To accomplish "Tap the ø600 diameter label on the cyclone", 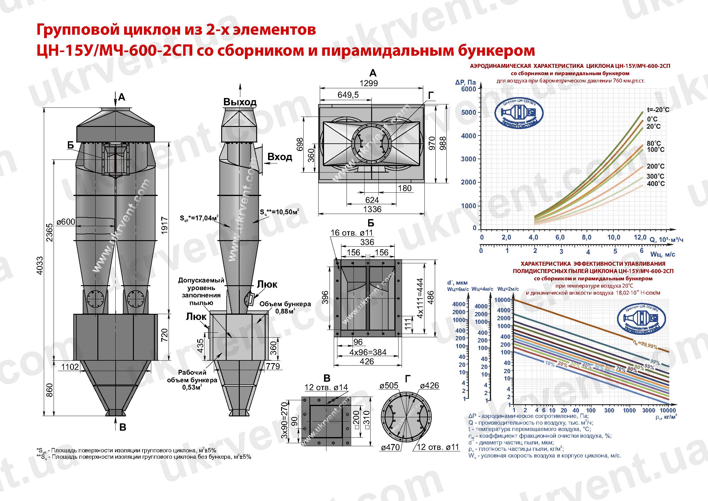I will (x=66, y=222).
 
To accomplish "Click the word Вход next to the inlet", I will (x=280, y=157).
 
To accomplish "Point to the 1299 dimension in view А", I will (x=368, y=83).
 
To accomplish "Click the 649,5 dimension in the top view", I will (x=348, y=95).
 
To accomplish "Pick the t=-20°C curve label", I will (x=658, y=110).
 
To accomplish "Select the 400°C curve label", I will (x=656, y=184).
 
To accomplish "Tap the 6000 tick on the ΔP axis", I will (x=469, y=89).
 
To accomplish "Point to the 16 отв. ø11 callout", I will (x=351, y=233).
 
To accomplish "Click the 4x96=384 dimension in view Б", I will (x=368, y=352).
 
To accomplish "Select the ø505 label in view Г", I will (x=389, y=386).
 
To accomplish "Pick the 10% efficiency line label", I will (x=549, y=364).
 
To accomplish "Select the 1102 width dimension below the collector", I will (x=70, y=366).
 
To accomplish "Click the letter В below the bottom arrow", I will (x=123, y=427).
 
